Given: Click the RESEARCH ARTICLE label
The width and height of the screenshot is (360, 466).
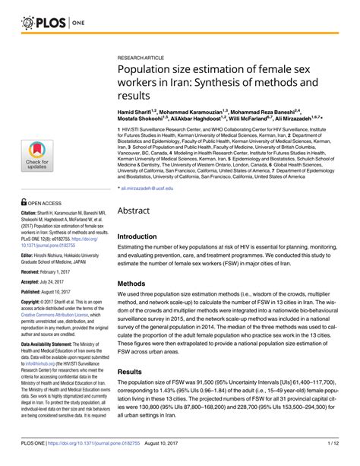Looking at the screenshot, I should click(x=142, y=57).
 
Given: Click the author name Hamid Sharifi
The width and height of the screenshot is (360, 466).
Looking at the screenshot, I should click(x=140, y=111).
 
